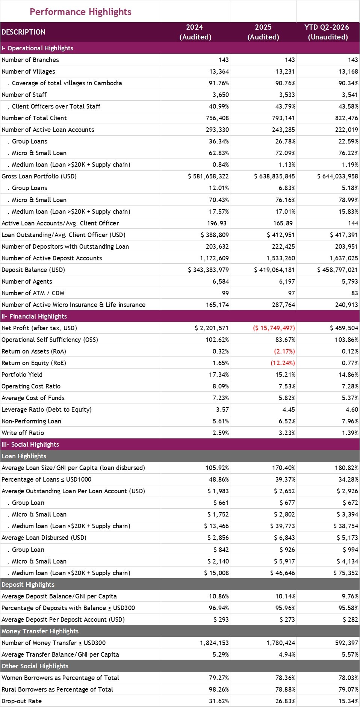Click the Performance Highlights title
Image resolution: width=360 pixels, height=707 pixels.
[80, 12]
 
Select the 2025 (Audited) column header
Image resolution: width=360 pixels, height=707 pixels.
[263, 32]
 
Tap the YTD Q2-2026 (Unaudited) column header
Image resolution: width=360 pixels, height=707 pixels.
[328, 32]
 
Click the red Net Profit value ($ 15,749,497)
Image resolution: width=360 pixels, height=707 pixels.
[274, 328]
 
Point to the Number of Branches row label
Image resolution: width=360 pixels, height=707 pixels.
[30, 60]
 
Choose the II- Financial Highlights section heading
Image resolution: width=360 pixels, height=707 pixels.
[34, 316]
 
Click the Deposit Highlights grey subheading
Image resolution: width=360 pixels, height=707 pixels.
[28, 585]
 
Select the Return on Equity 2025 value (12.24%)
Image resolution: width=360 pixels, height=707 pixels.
[283, 363]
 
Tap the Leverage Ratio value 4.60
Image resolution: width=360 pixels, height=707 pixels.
[352, 409]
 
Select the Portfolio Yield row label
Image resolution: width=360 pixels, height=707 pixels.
[22, 375]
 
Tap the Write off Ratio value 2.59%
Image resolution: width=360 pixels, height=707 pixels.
[221, 433]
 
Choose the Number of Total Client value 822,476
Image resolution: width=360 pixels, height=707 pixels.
[347, 118]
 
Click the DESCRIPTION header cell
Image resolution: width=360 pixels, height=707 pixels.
[23, 32]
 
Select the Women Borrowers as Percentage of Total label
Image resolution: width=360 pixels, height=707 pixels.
[60, 678]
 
